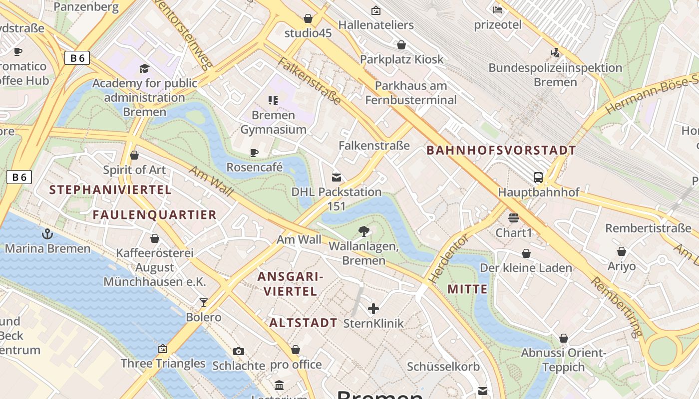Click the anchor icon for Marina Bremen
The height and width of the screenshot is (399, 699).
pos(47,233)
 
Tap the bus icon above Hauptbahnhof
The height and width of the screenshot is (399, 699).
pos(538,177)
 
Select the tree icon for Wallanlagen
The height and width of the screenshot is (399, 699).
pos(364,231)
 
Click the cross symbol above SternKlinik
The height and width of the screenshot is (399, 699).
pos(373,309)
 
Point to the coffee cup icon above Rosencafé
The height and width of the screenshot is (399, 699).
pos(254,153)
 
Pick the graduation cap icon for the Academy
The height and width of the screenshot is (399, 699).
pos(144,68)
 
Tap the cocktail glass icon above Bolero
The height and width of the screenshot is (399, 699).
pos(203,302)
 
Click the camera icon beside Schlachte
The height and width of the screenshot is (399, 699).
pos(239,351)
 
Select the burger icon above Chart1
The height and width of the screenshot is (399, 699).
pos(513,218)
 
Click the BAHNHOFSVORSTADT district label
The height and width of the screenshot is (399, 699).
pos(501,150)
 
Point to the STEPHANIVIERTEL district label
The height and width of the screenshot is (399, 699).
pos(110,190)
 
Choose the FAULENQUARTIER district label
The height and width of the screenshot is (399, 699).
pos(154,215)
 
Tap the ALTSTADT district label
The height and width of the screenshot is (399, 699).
pos(303,323)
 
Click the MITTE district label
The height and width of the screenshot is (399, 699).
pos(467,289)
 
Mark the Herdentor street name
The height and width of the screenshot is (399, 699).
pos(449,260)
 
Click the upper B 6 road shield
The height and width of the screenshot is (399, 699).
pos(77,58)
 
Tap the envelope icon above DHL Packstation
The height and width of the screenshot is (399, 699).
pos(337,177)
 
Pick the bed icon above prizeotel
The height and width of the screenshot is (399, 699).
pos(497,9)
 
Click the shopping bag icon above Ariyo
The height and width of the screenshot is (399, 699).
pos(621,251)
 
